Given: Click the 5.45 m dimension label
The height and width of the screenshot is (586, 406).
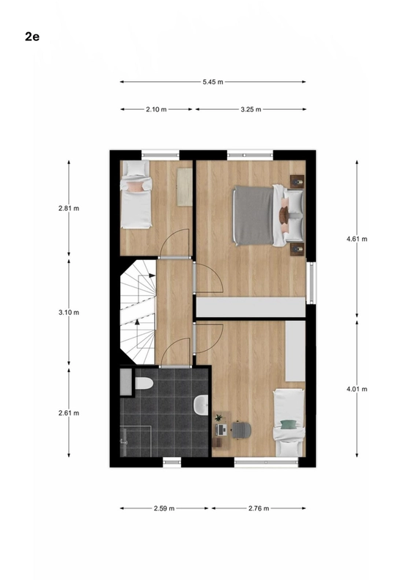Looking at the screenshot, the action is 213,82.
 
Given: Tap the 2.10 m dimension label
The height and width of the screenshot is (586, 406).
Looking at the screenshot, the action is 156,109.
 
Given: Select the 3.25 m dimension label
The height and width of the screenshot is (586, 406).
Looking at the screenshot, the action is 251,109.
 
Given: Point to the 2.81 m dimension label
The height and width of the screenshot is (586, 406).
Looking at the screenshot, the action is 69,209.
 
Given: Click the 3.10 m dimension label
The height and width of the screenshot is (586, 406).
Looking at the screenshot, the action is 69,313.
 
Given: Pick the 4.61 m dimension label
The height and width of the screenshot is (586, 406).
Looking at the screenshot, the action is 357,239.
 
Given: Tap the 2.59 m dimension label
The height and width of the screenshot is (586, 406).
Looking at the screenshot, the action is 164,508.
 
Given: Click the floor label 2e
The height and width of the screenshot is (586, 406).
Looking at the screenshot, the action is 32,37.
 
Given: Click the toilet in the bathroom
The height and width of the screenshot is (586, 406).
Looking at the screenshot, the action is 144,383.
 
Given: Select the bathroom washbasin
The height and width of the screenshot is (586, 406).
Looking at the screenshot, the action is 201,405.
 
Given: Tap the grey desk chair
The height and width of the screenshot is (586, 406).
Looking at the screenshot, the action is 241,430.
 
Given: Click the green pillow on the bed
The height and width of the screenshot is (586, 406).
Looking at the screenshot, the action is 288,425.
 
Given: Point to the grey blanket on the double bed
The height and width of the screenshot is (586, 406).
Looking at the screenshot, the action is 254,215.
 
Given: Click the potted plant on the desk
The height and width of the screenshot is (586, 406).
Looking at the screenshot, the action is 218,418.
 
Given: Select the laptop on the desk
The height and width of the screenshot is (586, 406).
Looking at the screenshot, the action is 221,430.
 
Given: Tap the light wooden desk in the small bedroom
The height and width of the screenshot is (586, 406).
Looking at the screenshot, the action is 184,187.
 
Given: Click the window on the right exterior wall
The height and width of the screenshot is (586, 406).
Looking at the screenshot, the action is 311,283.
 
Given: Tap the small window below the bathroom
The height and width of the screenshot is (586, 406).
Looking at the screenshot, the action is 172,463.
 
